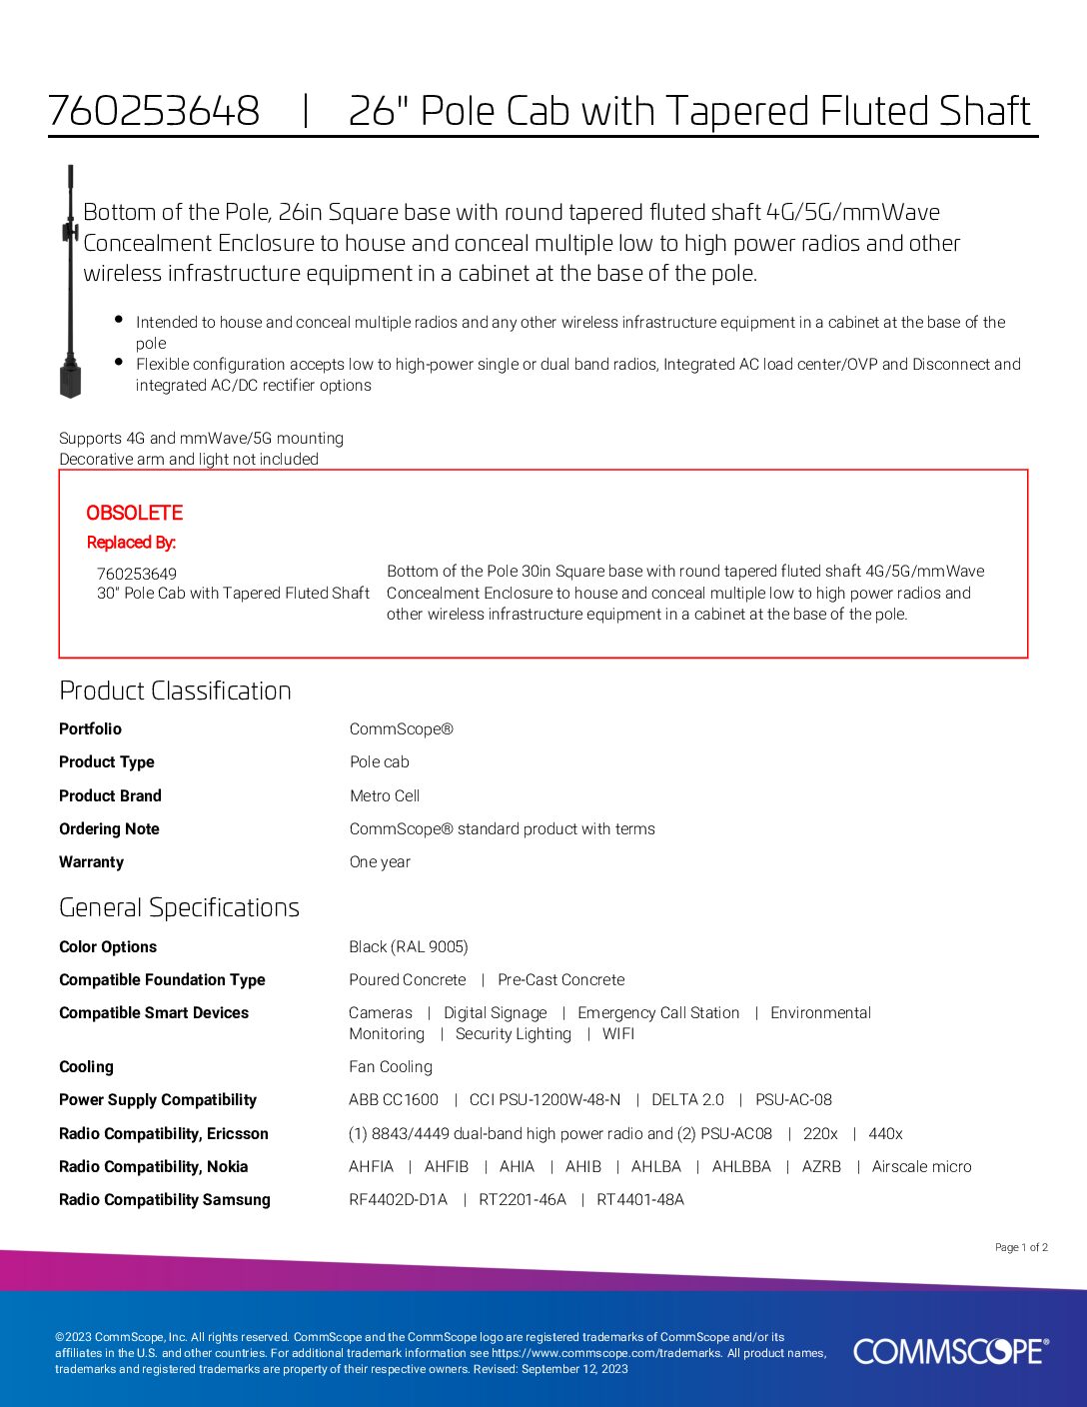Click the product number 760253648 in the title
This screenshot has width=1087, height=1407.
pos(154,111)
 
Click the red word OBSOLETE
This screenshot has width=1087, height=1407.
pos(134,513)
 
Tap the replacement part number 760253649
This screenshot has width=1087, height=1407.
pos(137,574)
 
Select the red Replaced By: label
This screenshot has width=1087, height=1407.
pos(131,543)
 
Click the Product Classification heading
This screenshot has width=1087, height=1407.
pos(175,691)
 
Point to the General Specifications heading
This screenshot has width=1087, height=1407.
pos(179,907)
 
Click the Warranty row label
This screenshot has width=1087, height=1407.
pos(91,861)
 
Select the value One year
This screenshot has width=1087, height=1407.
pos(380,861)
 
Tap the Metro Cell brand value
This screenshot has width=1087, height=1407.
pos(385,795)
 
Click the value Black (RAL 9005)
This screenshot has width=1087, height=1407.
pos(409,946)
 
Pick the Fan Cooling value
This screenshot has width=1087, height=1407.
pos(391,1066)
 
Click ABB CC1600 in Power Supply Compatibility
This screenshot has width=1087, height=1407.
pos(394,1099)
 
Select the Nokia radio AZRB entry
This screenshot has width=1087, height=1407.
pos(821,1166)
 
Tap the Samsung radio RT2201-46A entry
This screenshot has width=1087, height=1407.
pos(522,1199)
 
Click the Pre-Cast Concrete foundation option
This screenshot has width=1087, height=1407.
pos(560,979)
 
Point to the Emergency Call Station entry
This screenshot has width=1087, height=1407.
pos(658,1012)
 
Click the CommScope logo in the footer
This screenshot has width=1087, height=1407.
pos(950,1351)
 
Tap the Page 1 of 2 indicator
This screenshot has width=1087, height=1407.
pos(1021,1247)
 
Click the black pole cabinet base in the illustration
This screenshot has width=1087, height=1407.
pos(70,381)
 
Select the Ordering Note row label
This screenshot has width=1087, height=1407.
pos(109,828)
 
